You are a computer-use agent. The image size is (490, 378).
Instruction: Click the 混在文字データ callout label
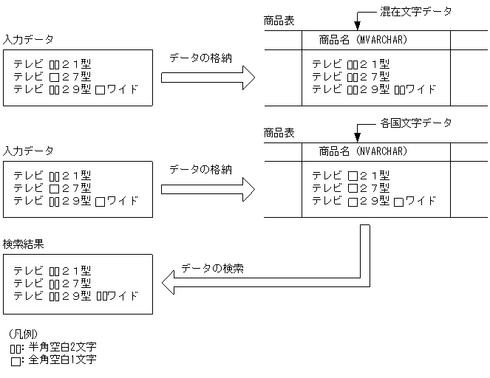click(415, 11)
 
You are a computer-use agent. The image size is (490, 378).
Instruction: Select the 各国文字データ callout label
click(415, 123)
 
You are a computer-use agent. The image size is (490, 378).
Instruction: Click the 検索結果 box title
click(24, 244)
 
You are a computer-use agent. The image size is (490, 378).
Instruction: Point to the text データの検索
click(213, 268)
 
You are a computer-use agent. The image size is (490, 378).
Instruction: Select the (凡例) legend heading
click(28, 334)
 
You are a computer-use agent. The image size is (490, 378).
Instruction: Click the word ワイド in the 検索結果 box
click(124, 296)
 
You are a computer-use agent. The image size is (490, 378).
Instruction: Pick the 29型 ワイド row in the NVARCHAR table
click(373, 201)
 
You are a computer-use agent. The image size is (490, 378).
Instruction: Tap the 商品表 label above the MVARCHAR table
click(279, 21)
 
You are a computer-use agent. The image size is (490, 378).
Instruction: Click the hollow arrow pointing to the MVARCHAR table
click(208, 77)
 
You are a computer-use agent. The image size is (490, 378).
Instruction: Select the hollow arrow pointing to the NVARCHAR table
click(208, 189)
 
